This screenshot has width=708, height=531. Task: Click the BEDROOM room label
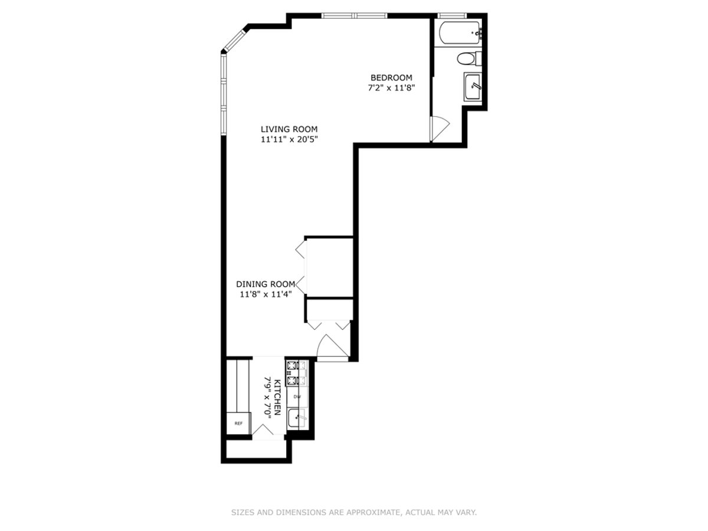[391, 77]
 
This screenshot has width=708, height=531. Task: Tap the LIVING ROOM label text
[289, 129]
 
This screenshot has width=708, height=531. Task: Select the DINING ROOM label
[265, 284]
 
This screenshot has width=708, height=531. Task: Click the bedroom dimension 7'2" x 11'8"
[391, 88]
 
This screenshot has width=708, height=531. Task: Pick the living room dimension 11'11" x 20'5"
[289, 140]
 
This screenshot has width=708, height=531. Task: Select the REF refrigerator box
[239, 424]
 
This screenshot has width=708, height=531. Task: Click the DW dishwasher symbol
[297, 396]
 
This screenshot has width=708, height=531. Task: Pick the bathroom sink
[473, 87]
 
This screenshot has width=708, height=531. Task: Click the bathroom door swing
[440, 127]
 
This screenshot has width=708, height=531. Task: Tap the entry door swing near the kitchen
[329, 347]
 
